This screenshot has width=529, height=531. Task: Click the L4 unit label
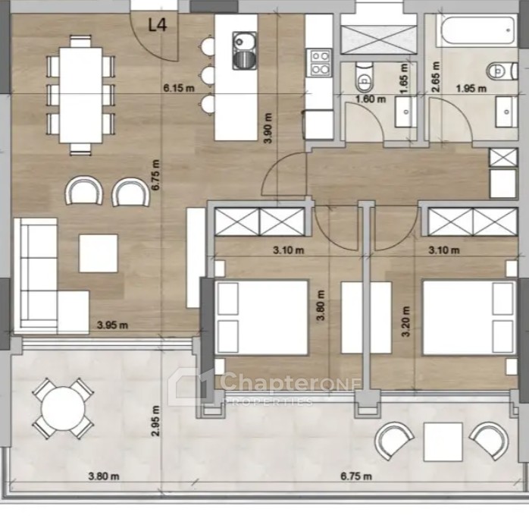[158, 25]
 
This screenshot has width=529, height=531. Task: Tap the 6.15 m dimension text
[179, 89]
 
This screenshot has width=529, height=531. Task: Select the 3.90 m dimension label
[268, 128]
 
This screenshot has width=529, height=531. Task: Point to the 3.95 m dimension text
[112, 325]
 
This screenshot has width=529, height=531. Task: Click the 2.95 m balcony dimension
[155, 421]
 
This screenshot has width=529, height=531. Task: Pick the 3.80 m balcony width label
[104, 476]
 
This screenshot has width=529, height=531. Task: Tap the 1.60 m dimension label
[371, 99]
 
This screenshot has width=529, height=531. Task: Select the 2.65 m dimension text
[436, 77]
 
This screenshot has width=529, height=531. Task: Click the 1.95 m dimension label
[471, 89]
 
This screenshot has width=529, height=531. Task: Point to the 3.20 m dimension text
[406, 321]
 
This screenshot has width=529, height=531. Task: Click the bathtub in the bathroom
[477, 30]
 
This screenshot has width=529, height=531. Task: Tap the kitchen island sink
[244, 51]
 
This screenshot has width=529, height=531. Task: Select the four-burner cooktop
[320, 62]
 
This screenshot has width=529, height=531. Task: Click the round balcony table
[63, 409]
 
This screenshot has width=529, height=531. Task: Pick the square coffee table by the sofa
[99, 253]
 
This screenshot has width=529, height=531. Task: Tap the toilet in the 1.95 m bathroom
[502, 71]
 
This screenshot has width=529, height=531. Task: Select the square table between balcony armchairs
[443, 442]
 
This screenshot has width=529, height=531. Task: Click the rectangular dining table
[81, 96]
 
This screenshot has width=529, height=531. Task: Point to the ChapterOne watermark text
[290, 382]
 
